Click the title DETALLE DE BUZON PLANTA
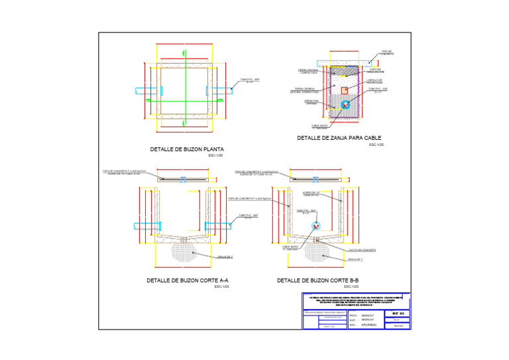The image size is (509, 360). tap(186, 149)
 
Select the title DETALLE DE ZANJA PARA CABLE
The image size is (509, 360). tap(341, 138)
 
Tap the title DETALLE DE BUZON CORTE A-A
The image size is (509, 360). tap(188, 280)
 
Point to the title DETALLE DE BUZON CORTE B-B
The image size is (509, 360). tap(317, 280)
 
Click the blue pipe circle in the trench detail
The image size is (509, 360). tap(345, 105)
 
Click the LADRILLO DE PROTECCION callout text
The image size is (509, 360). tap(375, 82)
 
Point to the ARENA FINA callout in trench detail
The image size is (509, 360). tap(311, 102)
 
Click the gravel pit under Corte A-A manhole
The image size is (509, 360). tap(184, 251)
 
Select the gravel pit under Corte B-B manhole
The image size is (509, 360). tap(317, 251)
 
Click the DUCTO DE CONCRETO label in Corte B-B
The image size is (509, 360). tap(363, 251)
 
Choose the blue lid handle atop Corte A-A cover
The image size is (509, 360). tap(184, 178)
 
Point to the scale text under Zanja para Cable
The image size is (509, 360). tap(376, 145)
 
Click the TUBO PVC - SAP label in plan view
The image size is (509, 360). tap(250, 81)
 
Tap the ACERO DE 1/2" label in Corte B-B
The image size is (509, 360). tap(311, 194)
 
